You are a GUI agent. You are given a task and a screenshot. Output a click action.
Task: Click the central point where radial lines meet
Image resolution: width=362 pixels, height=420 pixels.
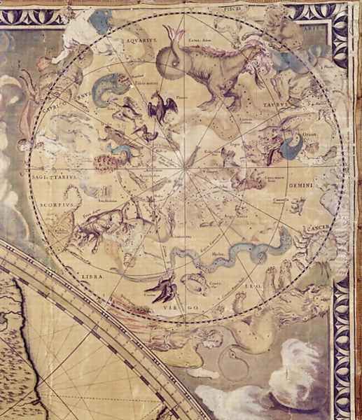(x=186, y=167)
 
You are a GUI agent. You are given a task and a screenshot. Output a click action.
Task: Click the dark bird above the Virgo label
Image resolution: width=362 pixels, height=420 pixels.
(x=160, y=286)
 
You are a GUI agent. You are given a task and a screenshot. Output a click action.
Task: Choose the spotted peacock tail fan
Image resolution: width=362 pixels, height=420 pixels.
(x=104, y=162)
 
